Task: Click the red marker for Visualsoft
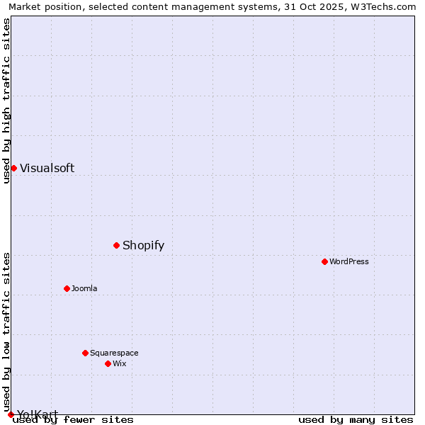[13, 168]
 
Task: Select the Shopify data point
[116, 245]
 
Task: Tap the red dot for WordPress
[324, 261]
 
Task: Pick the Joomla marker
[67, 288]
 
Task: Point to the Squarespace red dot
[85, 353]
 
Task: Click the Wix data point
[108, 363]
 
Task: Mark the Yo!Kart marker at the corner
[11, 414]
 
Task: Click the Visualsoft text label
[47, 168]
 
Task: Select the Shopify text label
[143, 246]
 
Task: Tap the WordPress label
[349, 261]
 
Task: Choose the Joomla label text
[84, 288]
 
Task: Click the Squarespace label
[114, 353]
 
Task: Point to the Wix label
[119, 363]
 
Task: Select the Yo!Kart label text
[38, 414]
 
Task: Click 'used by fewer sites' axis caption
[73, 419]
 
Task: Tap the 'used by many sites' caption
[356, 419]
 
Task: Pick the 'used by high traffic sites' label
[6, 101]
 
